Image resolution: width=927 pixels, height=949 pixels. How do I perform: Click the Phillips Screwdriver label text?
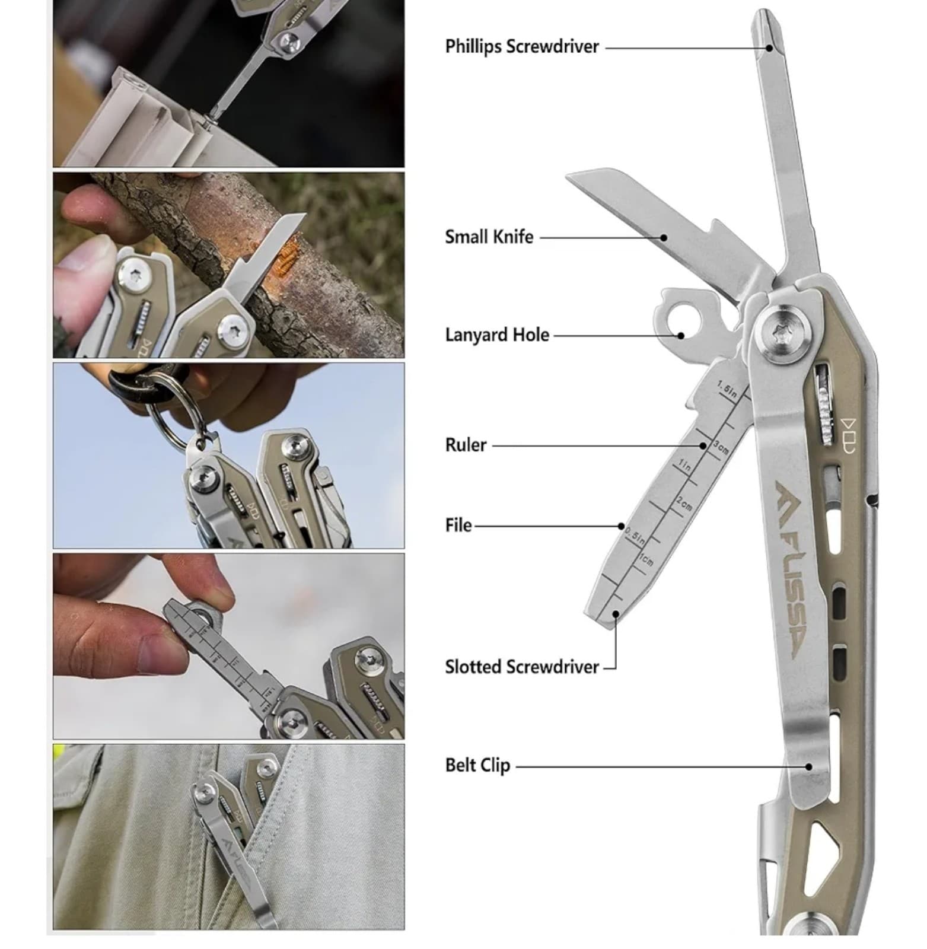[522, 47]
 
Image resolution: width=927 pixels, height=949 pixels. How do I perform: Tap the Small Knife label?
[489, 237]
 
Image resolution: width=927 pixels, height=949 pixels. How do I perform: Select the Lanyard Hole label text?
[497, 335]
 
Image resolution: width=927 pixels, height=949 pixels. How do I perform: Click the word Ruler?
[466, 445]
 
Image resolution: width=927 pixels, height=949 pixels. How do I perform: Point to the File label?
[458, 526]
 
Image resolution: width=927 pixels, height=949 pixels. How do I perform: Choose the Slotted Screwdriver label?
[522, 667]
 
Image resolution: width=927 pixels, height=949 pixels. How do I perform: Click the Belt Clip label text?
[477, 765]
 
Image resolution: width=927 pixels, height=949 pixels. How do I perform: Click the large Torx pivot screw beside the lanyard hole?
[782, 333]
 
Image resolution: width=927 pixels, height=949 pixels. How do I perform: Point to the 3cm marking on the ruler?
[721, 448]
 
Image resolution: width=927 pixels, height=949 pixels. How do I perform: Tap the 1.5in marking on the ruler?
[727, 390]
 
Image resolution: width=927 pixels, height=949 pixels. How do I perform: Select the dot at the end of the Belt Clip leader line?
[809, 766]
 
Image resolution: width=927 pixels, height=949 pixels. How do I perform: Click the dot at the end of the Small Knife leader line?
[664, 238]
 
